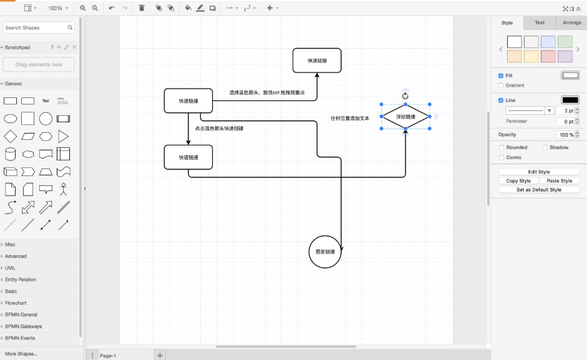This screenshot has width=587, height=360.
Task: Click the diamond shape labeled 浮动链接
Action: (405, 117)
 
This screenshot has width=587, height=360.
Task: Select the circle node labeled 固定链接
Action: (325, 251)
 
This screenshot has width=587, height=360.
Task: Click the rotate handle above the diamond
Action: (405, 95)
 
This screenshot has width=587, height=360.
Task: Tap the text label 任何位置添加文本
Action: (350, 118)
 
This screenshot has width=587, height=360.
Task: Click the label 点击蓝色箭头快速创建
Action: (219, 129)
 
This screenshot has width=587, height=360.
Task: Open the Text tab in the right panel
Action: (540, 22)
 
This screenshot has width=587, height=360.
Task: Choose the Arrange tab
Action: (571, 22)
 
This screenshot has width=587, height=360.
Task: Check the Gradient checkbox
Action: (501, 85)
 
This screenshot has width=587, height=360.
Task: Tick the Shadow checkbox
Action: (545, 147)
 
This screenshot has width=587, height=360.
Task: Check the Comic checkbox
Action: (501, 157)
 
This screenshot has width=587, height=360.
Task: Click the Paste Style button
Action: (558, 181)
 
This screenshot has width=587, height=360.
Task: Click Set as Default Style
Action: (539, 190)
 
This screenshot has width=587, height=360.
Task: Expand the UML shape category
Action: (11, 268)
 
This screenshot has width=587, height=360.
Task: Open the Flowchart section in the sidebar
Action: (16, 303)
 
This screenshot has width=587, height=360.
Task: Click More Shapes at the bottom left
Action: (21, 354)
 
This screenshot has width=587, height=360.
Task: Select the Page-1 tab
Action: (108, 356)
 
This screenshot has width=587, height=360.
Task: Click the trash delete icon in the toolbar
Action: (142, 8)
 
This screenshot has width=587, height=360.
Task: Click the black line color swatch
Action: (570, 100)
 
